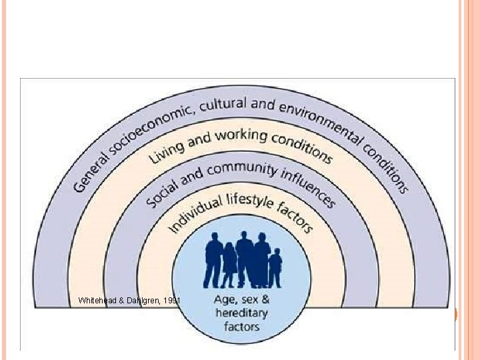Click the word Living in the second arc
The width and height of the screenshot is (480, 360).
(x=161, y=151)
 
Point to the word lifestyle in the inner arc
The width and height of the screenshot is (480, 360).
(x=248, y=198)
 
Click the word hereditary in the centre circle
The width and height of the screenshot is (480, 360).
(x=242, y=313)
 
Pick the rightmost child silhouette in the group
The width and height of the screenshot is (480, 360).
(x=275, y=267)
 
